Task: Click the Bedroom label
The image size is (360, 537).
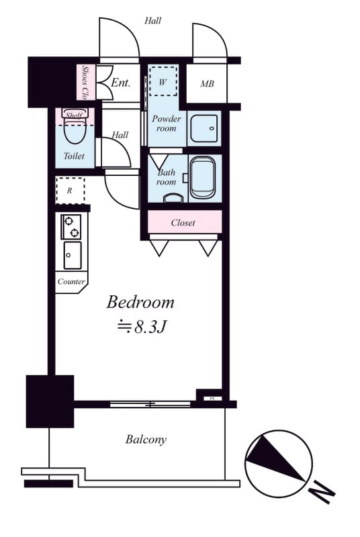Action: click(x=140, y=302)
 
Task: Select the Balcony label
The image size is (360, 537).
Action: click(x=146, y=440)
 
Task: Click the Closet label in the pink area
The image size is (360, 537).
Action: click(x=183, y=222)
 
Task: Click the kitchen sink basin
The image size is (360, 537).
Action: click(x=72, y=255)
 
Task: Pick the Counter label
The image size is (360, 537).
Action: click(x=71, y=281)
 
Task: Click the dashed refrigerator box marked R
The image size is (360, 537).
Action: click(x=70, y=191)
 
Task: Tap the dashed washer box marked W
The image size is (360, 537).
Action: click(x=163, y=82)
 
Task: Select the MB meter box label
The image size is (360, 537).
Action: click(x=207, y=84)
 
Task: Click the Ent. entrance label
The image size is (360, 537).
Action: click(x=120, y=83)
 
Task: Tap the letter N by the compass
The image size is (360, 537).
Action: click(x=322, y=494)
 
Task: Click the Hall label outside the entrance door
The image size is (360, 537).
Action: click(x=152, y=20)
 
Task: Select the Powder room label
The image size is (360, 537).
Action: click(x=166, y=124)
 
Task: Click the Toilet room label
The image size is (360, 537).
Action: click(x=74, y=156)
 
